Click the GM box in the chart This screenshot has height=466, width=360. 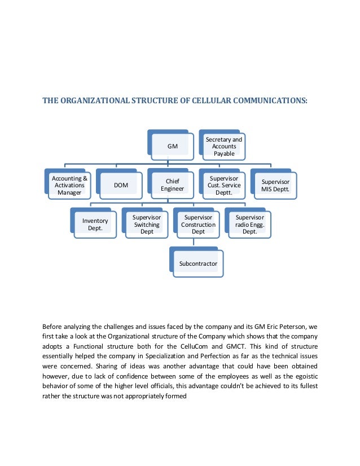172,146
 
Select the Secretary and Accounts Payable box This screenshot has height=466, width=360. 223,146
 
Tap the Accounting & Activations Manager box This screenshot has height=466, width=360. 70,185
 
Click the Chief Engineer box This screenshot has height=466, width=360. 172,185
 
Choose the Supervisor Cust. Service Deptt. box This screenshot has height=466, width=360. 223,185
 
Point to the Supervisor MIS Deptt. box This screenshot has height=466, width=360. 275,185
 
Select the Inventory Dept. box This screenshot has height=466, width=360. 95,225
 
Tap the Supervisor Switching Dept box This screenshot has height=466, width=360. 147,225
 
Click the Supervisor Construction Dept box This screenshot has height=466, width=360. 198,225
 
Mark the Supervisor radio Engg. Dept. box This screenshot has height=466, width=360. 249,225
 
